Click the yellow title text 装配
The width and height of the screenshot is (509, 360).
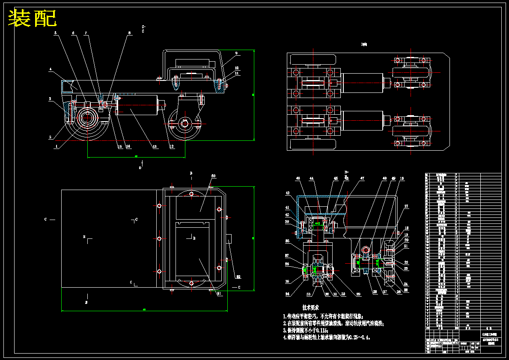[33, 18]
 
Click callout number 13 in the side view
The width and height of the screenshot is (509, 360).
[155, 146]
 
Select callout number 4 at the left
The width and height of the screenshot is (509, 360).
[51, 69]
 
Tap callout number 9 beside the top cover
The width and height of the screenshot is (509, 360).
[236, 54]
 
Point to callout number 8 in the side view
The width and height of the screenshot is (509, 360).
[129, 33]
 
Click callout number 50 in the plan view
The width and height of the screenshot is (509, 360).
[213, 176]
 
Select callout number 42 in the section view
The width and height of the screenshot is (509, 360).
[288, 193]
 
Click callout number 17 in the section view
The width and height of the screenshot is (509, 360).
[406, 207]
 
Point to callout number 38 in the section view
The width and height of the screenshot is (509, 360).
[288, 241]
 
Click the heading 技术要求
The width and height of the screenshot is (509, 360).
[310, 307]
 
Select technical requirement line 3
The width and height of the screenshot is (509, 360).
[305, 330]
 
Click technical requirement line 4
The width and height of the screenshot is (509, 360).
[326, 337]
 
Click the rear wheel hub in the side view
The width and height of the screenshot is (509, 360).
[185, 124]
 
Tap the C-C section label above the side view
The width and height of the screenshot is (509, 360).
[143, 29]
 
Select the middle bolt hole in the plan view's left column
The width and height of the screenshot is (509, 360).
[159, 238]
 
